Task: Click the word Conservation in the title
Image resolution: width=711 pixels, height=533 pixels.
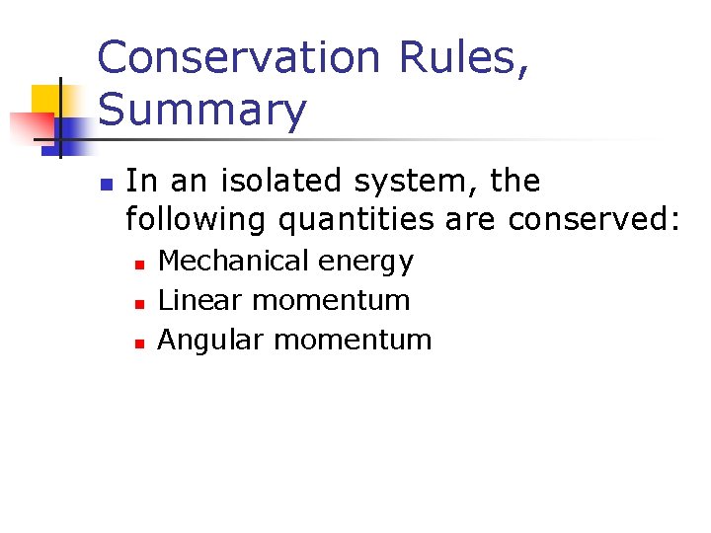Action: pos(238,58)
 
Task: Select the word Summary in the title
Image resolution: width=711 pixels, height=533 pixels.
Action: pos(202,110)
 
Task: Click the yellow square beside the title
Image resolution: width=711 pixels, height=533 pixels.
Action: pos(47,101)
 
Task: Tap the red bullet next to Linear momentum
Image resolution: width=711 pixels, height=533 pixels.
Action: pos(140,303)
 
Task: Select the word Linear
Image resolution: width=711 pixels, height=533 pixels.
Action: pos(190,300)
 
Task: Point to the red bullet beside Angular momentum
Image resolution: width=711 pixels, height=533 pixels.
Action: pos(140,343)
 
